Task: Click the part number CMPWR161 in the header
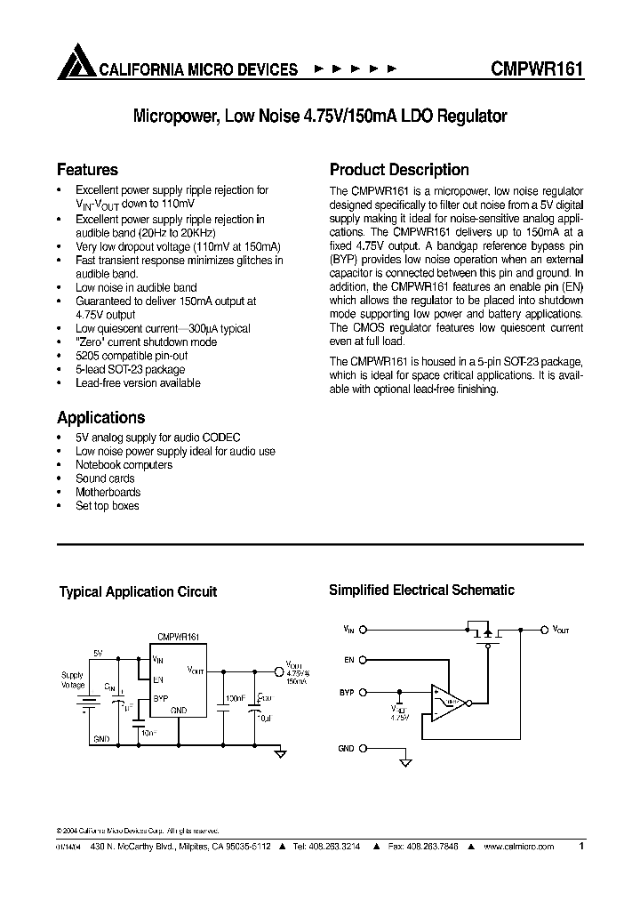coord(536,69)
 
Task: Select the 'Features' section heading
coord(87,170)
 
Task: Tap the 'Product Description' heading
coord(399,170)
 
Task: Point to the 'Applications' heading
coord(100,417)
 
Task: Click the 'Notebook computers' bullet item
coord(124,465)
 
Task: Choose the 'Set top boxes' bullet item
coord(107,506)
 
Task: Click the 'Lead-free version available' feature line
coord(138,383)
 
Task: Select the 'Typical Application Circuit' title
coord(138,591)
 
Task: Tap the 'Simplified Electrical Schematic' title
coord(421,590)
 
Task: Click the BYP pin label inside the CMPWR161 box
coord(160,699)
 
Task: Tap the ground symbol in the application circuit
coord(280,753)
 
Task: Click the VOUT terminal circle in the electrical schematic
coord(544,630)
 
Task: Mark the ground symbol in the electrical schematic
coord(406,761)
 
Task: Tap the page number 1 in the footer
coord(581,847)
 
